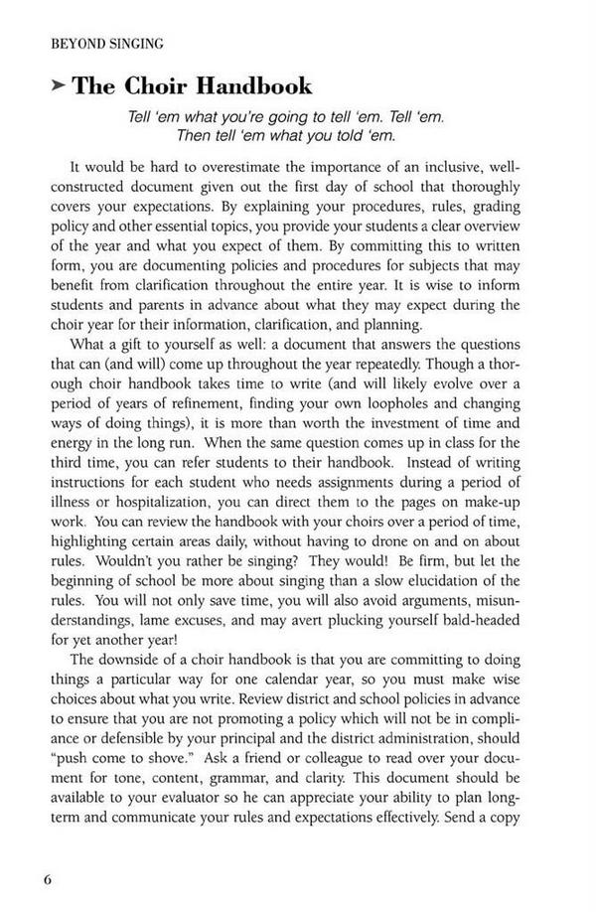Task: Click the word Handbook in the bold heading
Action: click(x=253, y=86)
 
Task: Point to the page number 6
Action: click(x=47, y=879)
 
